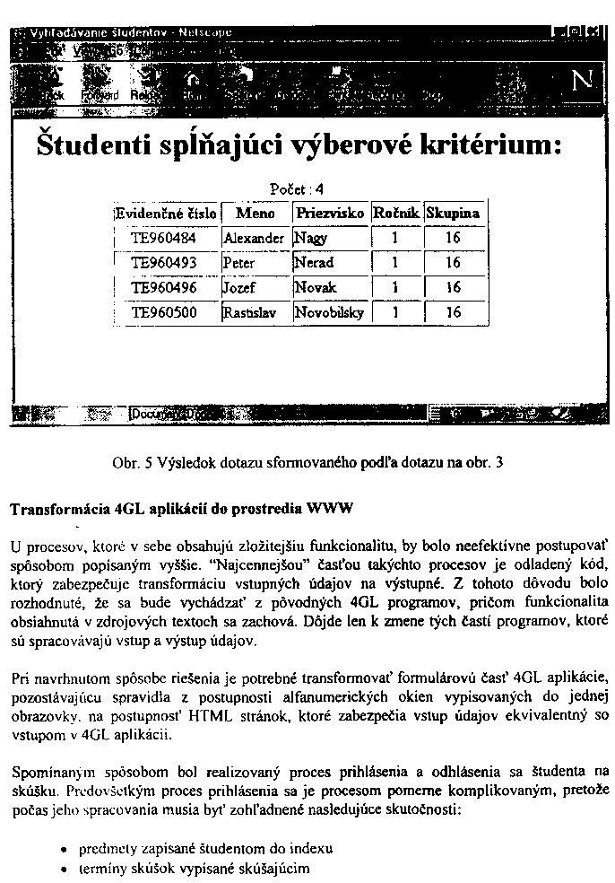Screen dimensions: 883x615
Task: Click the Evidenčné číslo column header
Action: click(167, 214)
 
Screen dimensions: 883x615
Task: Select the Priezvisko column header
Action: click(329, 214)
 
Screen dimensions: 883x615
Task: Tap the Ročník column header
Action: click(395, 214)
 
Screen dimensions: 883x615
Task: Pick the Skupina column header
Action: click(453, 214)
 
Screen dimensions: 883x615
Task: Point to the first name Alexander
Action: click(254, 239)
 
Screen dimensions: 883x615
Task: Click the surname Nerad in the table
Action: click(314, 263)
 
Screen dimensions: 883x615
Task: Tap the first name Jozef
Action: click(239, 288)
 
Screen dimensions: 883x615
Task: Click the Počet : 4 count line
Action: click(296, 189)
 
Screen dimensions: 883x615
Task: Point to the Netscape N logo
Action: click(582, 81)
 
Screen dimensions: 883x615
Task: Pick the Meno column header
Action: click(255, 214)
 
